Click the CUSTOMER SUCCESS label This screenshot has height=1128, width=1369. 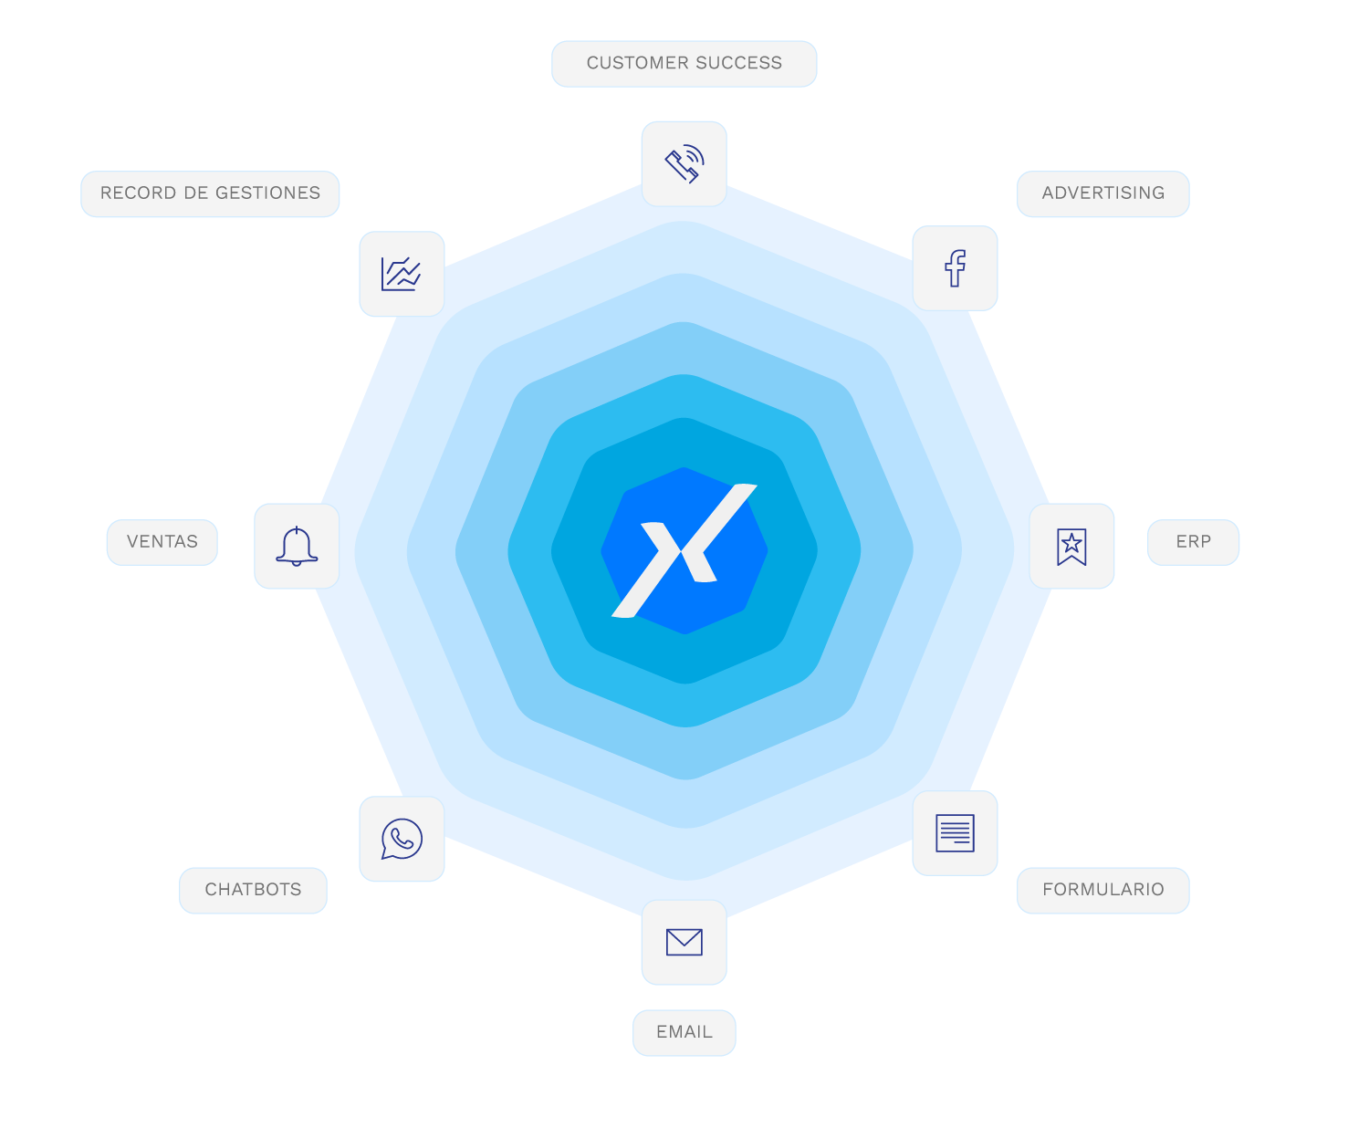coord(684,64)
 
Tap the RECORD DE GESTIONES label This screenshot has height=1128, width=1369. coord(210,193)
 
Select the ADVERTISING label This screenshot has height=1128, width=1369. coord(1103,193)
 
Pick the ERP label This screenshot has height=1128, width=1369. coord(1193,542)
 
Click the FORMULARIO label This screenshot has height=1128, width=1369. coord(1103,890)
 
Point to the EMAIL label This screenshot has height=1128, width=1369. coord(684,1032)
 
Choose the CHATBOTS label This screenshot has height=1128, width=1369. coord(253,890)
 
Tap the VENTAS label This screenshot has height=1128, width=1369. coord(162,542)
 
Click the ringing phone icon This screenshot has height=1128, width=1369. coord(684,163)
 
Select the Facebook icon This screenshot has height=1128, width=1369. coord(955,268)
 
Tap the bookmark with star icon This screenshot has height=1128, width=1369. coord(1071,546)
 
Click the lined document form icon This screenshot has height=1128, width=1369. coord(955,833)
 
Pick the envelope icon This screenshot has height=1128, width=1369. coord(684,942)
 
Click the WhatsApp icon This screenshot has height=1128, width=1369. coord(402,839)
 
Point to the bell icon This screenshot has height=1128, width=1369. coord(297,546)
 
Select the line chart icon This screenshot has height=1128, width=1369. coord(402,274)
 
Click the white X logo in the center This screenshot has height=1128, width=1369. coord(684,550)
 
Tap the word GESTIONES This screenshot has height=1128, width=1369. coord(268,193)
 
